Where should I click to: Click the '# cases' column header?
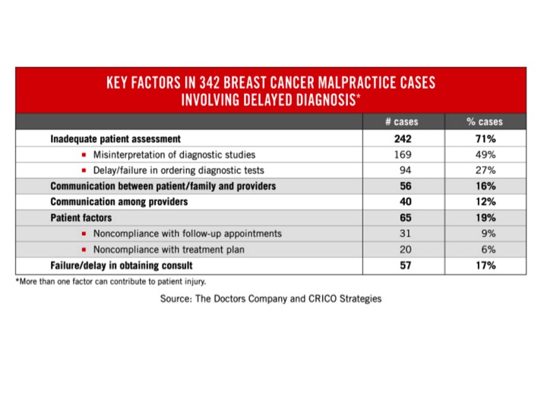tap(401, 122)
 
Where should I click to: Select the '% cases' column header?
tap(484, 122)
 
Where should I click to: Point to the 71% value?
tap(485, 140)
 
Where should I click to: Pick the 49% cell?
tap(485, 155)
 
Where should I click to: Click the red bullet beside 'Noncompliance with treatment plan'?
tap(84, 250)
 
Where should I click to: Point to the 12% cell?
tap(485, 202)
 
